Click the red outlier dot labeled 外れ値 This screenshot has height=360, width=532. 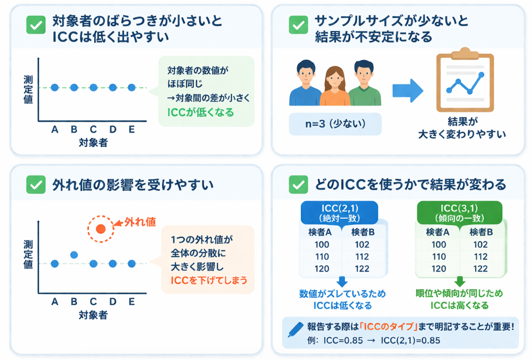(101, 229)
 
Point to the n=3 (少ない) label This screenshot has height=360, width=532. (335, 124)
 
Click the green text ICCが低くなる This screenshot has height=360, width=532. (200, 113)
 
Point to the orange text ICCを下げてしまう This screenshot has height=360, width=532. (209, 280)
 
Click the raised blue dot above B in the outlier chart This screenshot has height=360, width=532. (74, 255)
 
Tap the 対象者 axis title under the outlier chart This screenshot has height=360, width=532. (93, 315)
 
